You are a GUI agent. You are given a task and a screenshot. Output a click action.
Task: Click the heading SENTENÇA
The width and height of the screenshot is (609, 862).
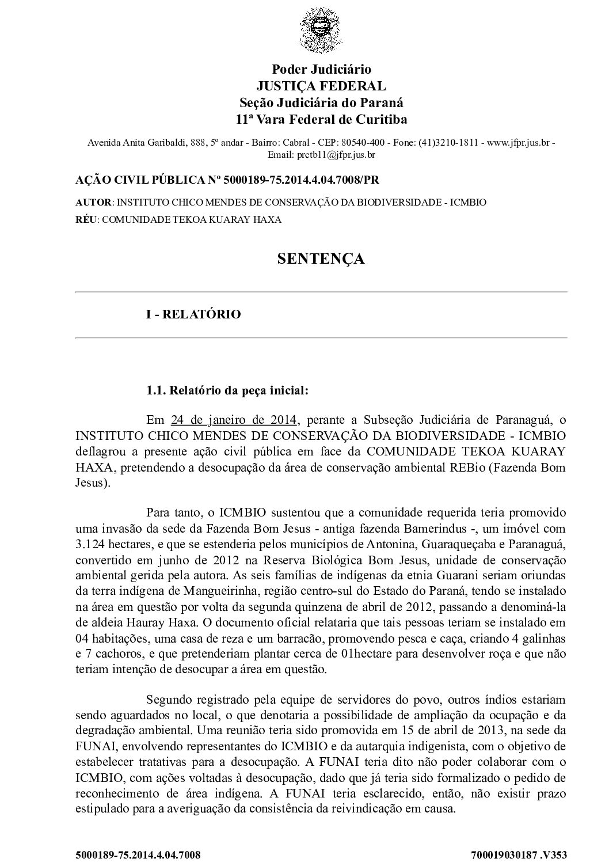tap(321, 259)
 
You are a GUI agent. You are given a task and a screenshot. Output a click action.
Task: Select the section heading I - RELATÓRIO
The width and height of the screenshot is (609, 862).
tap(193, 314)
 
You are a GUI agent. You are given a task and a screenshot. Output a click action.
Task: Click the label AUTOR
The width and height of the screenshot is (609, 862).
tap(94, 203)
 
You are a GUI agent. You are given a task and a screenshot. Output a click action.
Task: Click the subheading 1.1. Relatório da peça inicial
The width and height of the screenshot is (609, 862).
tap(227, 391)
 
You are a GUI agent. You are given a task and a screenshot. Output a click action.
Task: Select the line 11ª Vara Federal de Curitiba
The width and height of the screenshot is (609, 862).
tap(321, 120)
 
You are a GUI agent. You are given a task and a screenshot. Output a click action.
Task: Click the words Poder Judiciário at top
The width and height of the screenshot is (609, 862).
tap(321, 69)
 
